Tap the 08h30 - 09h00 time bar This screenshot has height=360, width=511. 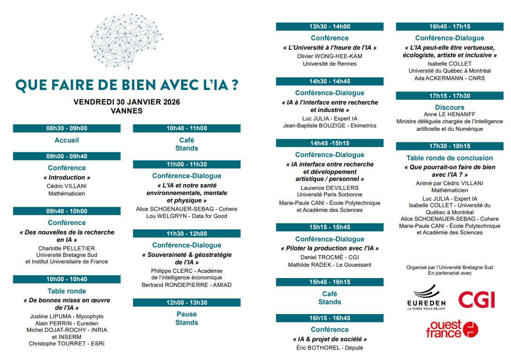coord(67,128)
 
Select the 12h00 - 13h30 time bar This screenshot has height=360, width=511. coord(187,303)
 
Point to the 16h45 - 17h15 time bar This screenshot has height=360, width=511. coord(450,27)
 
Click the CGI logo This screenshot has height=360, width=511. coord(476,299)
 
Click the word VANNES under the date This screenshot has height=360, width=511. coord(127,111)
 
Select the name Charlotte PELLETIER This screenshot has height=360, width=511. coord(67,248)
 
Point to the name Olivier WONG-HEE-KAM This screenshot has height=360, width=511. coord(330,56)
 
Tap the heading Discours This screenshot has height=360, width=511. coord(450,107)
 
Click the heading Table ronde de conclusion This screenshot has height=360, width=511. coord(450,158)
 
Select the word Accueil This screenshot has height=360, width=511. coord(67,140)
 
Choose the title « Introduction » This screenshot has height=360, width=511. coord(67,177)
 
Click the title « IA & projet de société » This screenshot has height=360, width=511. coord(330,339)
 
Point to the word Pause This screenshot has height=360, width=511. coord(187,314)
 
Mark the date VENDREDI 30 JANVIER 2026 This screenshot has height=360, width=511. coord(127,102)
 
